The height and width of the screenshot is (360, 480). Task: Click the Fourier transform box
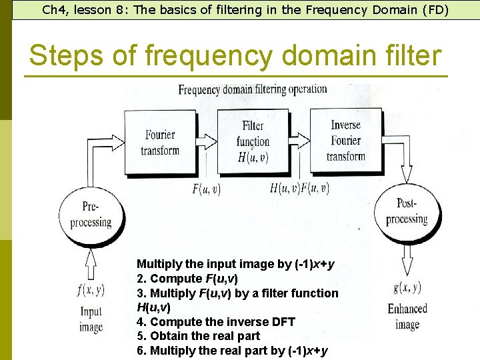tap(160, 143)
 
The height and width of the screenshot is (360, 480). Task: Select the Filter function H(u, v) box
tap(253, 142)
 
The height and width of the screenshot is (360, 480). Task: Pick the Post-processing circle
tap(406, 212)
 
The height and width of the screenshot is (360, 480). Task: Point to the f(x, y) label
tap(91, 289)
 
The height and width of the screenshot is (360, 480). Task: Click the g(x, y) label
tap(407, 288)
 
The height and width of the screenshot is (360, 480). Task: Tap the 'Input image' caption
tap(91, 319)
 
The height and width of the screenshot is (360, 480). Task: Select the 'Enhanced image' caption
tap(407, 317)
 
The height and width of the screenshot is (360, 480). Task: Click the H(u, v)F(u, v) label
tap(299, 189)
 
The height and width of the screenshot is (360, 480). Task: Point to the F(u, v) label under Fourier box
tap(206, 189)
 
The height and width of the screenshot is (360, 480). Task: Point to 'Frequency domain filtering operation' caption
tap(252, 89)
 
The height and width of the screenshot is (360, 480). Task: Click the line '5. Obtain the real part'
tap(198, 336)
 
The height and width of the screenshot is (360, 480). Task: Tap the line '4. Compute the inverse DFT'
tap(215, 322)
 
